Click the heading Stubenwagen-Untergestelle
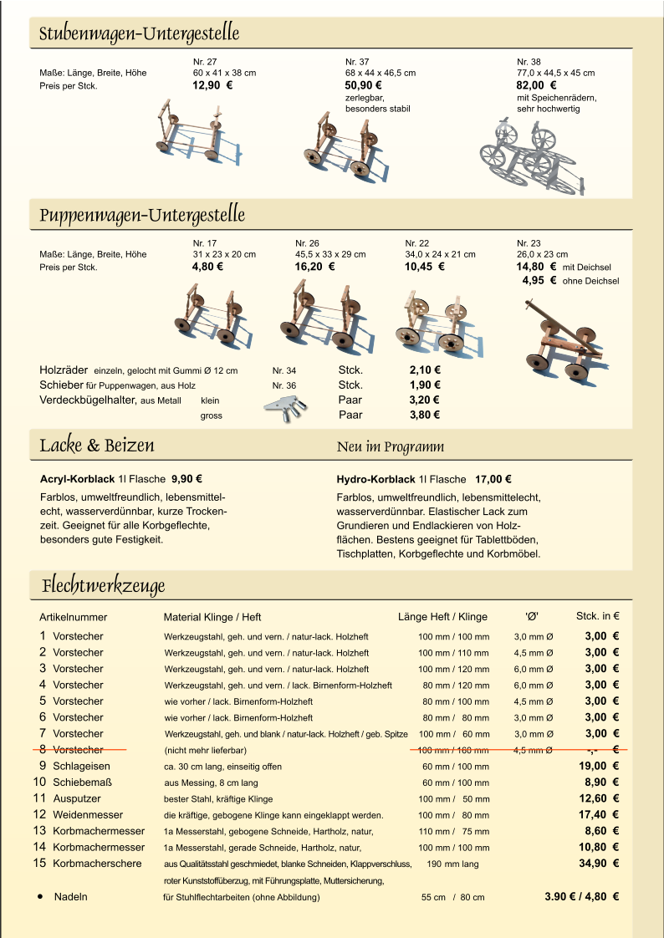140,34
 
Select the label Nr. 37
357,62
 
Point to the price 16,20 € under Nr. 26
314,268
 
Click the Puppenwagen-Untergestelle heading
142,215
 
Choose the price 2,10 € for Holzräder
425,370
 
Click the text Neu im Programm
390,446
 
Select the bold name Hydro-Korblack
375,480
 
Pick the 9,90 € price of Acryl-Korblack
187,480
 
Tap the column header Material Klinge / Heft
212,618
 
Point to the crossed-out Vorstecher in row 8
78,750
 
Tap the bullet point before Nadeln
39,897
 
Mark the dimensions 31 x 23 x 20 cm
224,254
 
